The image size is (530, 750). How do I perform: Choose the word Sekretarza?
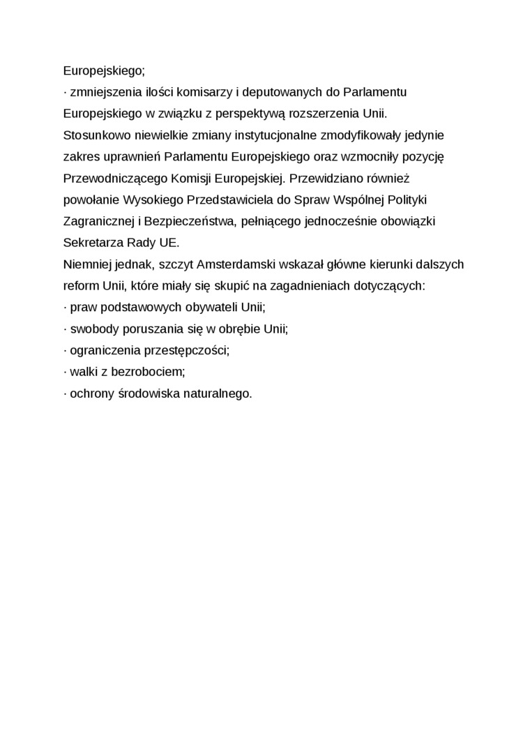(91, 243)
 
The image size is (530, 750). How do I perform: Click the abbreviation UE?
(167, 243)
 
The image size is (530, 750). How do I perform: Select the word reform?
(79, 286)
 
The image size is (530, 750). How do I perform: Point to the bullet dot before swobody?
(65, 329)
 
